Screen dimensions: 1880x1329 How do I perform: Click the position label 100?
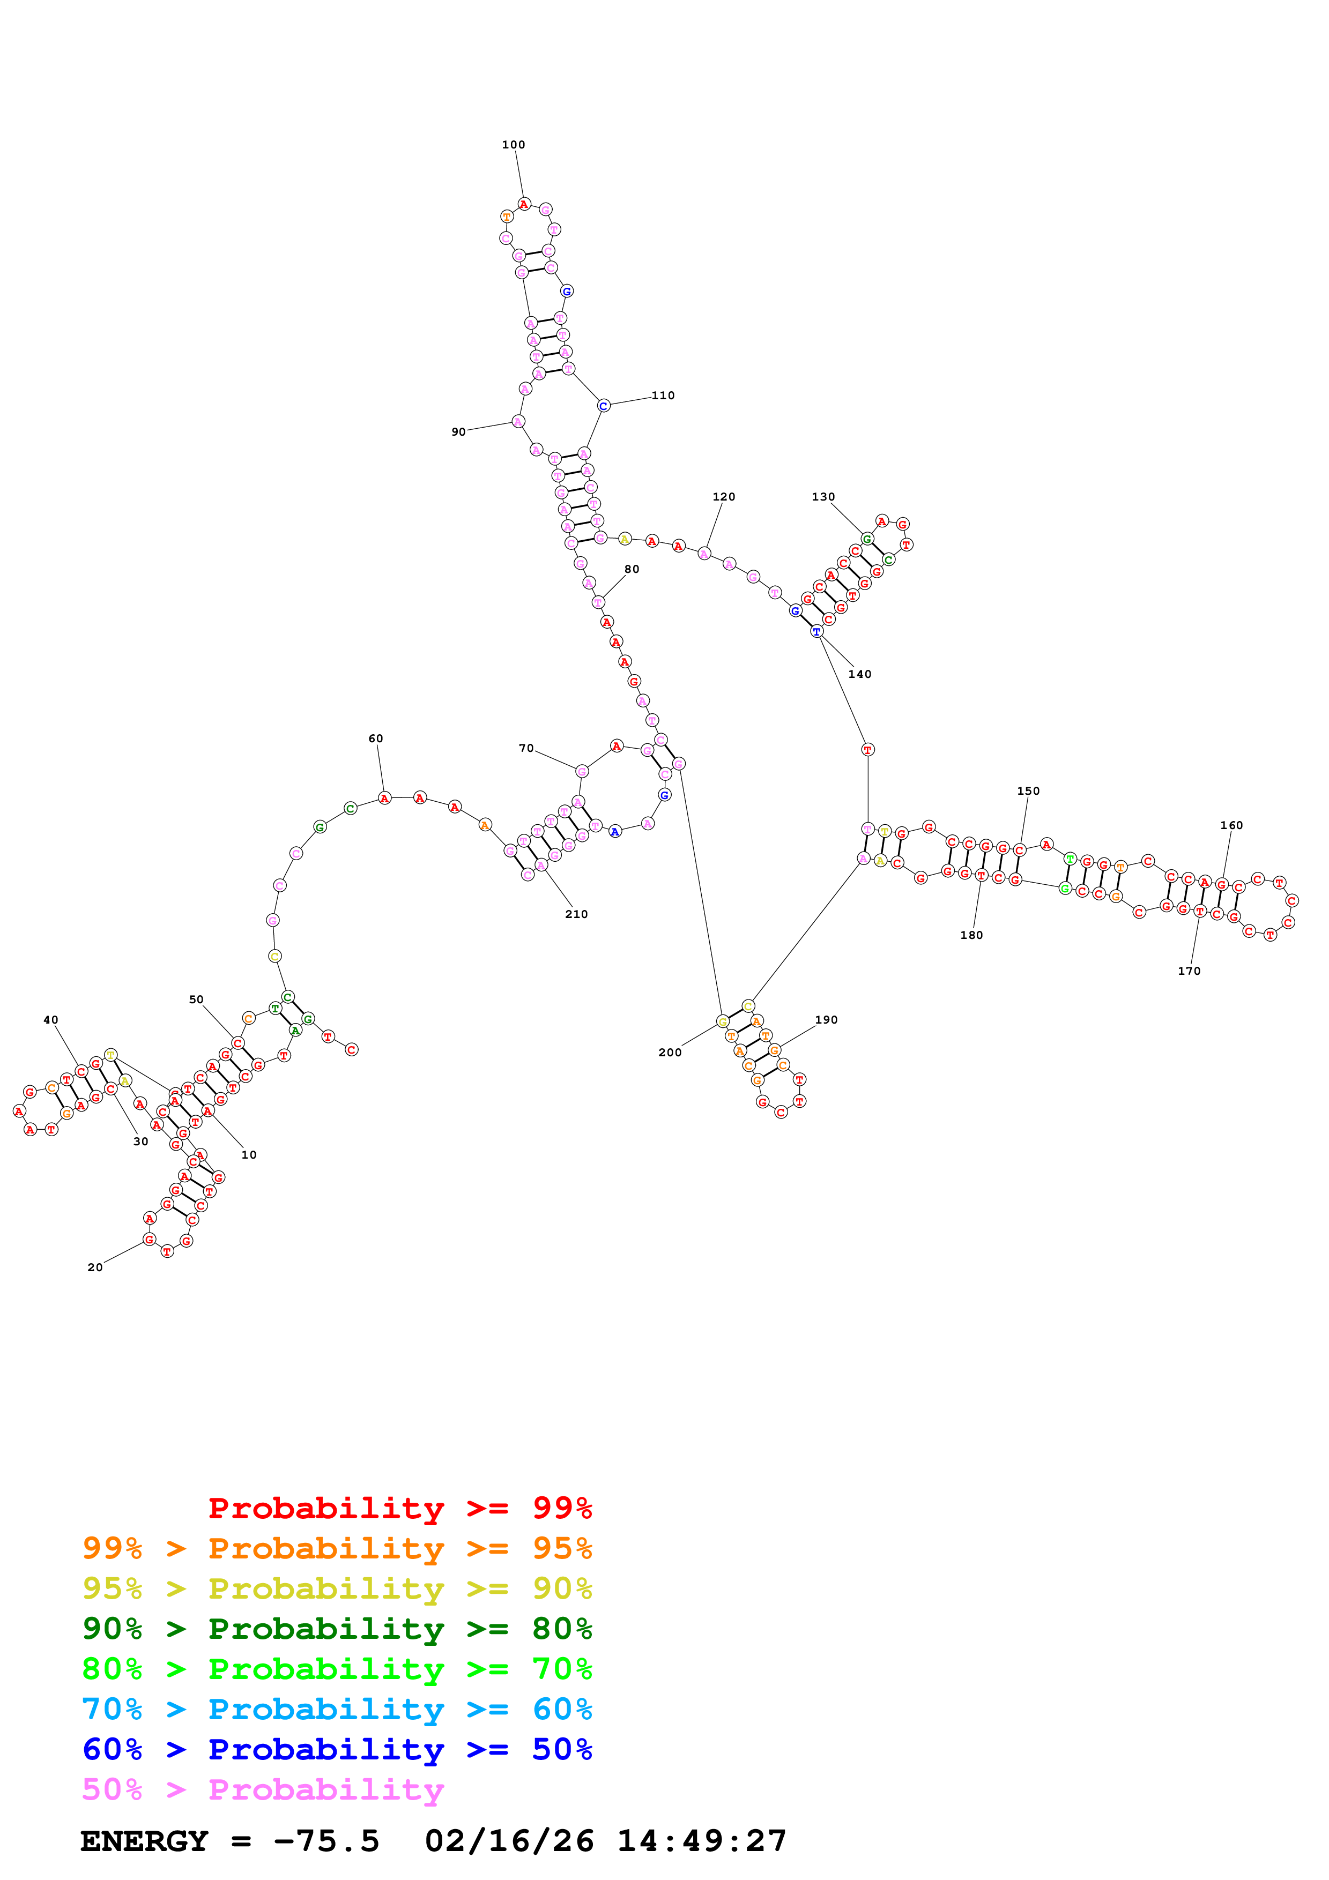click(x=514, y=145)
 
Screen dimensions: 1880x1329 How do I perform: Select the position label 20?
click(x=95, y=1267)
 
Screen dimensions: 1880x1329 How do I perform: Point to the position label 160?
click(x=1231, y=825)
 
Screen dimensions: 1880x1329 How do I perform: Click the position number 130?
click(x=823, y=497)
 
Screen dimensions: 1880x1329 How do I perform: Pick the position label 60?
click(x=376, y=738)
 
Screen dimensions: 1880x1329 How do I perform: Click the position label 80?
click(x=632, y=569)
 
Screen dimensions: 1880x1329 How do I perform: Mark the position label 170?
click(x=1189, y=971)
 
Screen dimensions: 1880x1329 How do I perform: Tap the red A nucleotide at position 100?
click(x=524, y=204)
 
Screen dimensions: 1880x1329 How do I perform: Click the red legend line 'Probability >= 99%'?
click(x=399, y=1508)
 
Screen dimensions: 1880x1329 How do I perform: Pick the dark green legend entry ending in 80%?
click(x=337, y=1629)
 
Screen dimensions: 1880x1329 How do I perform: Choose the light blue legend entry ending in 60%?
click(x=337, y=1709)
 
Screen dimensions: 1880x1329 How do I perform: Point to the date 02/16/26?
click(x=509, y=1841)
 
